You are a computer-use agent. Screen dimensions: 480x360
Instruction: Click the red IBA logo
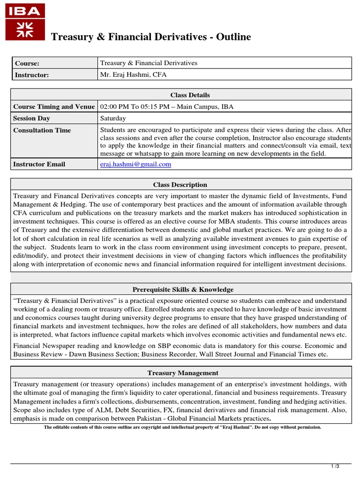point(25,22)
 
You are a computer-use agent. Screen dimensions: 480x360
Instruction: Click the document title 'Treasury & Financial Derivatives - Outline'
point(150,37)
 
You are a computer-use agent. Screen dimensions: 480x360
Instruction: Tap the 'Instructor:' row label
point(31,75)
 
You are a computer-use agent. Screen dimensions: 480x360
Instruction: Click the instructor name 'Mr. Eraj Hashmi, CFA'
point(133,75)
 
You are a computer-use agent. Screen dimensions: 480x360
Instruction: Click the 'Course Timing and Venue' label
point(54,106)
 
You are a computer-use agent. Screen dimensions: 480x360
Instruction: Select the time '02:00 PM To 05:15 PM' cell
point(166,106)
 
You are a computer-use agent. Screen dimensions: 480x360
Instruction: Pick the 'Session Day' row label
point(31,119)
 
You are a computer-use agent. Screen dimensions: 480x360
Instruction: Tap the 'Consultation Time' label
point(42,130)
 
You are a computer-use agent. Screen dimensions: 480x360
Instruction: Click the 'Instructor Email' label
point(39,164)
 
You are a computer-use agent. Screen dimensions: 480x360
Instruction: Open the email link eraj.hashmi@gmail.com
point(135,164)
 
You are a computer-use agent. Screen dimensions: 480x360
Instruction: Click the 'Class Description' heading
point(180,185)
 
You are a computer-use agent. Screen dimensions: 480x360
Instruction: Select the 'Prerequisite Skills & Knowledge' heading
point(183,290)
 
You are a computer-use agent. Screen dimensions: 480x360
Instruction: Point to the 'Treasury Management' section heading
point(183,373)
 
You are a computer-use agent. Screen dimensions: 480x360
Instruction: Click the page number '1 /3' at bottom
point(335,466)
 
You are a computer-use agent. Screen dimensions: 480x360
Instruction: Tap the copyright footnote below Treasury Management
point(182,427)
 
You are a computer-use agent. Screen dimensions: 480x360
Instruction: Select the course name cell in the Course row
point(149,63)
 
